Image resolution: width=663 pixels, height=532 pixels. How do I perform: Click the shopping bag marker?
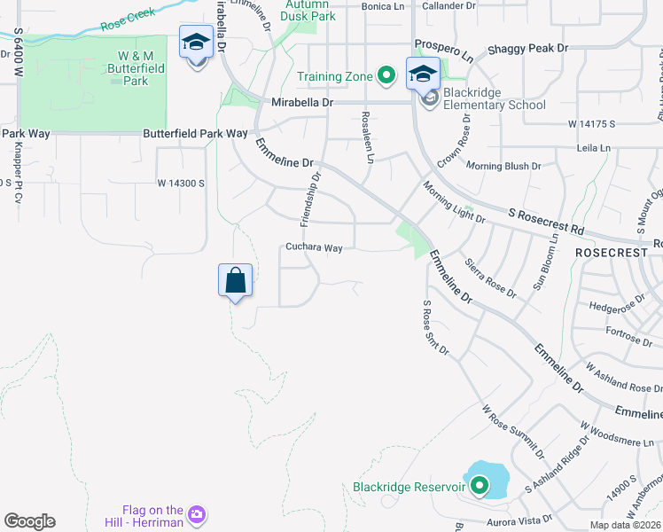235,281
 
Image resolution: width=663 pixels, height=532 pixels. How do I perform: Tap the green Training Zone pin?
386,76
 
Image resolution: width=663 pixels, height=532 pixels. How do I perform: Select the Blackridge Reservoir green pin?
480,486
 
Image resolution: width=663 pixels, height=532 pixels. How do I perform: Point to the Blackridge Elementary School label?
495,98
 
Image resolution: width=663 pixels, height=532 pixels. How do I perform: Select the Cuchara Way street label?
314,248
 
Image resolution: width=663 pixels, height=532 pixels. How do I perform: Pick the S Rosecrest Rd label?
546,222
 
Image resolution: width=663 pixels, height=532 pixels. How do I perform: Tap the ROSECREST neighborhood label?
612,253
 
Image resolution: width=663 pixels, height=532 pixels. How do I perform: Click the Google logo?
29,521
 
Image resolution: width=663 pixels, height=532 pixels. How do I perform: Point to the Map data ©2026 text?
625,525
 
